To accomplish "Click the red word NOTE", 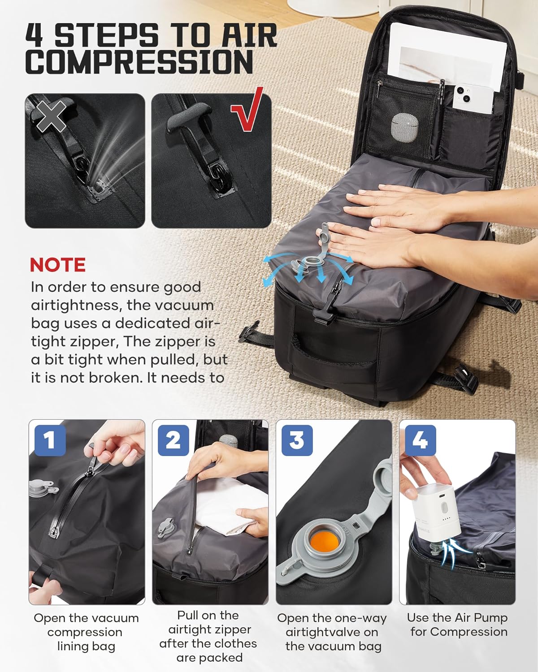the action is [x=57, y=265].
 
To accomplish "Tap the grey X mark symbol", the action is [x=51, y=116].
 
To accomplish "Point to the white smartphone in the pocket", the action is [x=473, y=99].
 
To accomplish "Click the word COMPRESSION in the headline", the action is [x=139, y=61].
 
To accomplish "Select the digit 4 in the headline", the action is [x=35, y=34].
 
